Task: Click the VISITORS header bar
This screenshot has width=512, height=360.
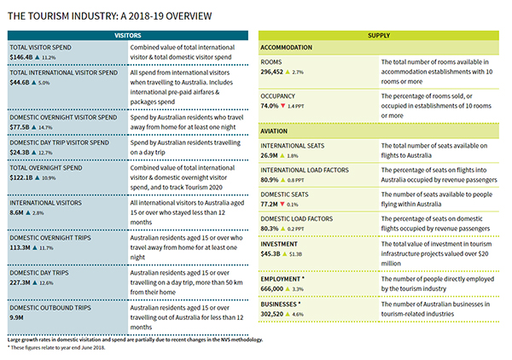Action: point(128,35)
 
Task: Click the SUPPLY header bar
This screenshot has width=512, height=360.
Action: point(379,35)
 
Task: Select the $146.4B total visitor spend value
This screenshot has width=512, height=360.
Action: point(21,57)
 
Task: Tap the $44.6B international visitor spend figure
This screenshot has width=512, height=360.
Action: point(20,82)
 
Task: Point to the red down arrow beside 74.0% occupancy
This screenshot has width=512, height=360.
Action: point(282,106)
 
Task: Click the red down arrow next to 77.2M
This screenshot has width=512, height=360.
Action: point(282,204)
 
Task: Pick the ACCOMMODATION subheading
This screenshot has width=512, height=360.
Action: point(287,47)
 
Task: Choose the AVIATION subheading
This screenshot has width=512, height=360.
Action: point(274,131)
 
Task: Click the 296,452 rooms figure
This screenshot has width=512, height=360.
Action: point(271,72)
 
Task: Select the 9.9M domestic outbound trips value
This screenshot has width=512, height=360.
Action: point(16,317)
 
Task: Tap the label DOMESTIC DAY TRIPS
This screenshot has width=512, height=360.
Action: point(39,273)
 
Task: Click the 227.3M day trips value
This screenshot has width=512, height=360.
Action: point(20,282)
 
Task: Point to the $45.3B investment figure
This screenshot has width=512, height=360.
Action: point(271,253)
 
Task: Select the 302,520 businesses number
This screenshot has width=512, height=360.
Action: point(271,314)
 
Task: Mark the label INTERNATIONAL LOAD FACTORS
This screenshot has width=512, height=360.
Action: point(305,170)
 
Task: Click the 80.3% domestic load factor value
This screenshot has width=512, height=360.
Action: point(270,229)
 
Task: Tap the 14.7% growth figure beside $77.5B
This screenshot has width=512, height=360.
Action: point(45,127)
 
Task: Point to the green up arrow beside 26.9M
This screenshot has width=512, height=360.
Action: point(282,155)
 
